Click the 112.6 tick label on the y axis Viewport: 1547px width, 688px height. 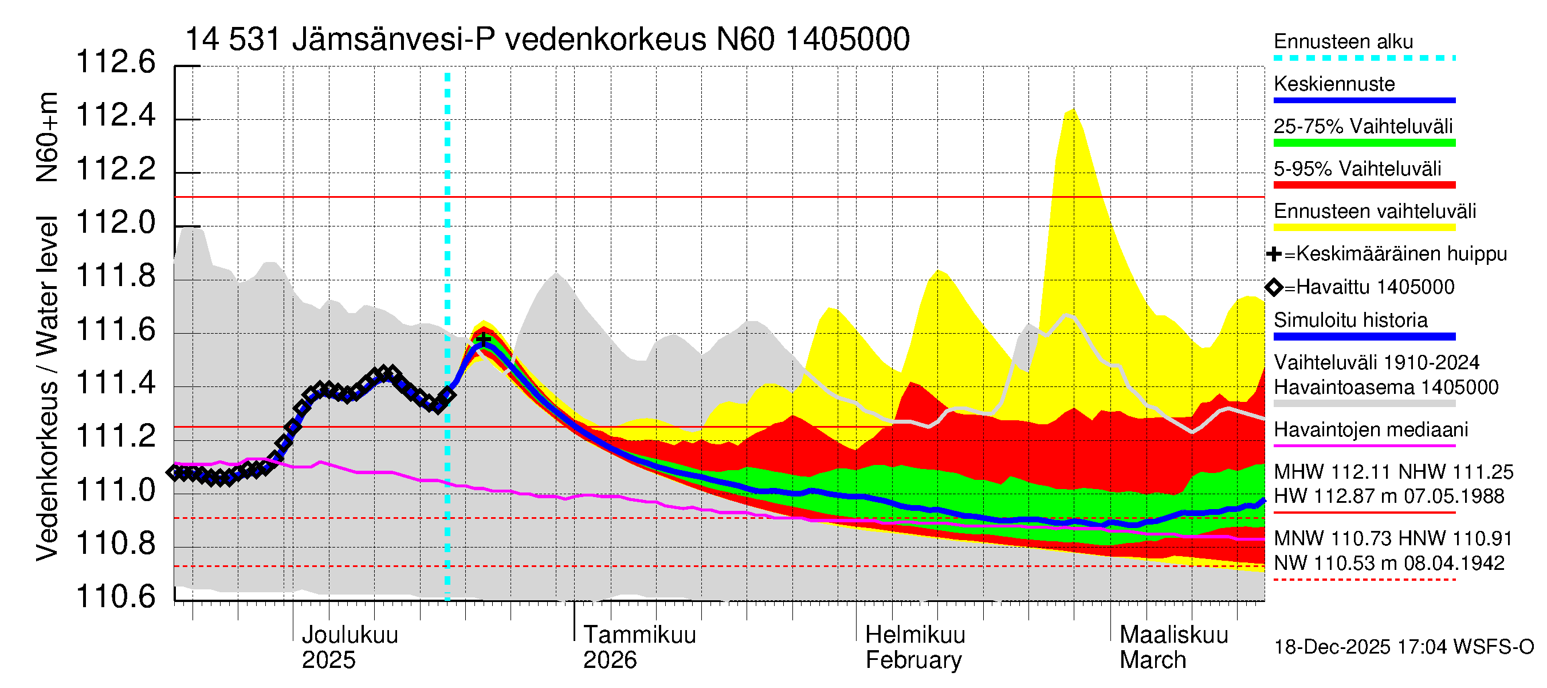click(115, 62)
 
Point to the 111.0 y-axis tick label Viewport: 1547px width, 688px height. click(115, 490)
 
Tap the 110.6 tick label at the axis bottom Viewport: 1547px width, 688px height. click(115, 597)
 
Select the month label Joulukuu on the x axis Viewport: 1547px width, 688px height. click(350, 635)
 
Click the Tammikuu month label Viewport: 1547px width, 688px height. click(639, 635)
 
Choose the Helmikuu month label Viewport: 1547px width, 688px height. click(915, 635)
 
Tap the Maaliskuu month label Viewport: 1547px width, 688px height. click(1174, 635)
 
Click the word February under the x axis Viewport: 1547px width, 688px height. click(913, 660)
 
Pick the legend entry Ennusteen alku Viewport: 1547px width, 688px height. click(1344, 41)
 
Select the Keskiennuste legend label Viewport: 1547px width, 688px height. click(1334, 84)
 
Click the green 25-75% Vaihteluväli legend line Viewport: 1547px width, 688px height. click(1364, 143)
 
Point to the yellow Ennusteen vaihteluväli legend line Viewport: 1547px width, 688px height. click(1364, 228)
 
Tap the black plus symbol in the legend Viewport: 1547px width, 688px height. click(1274, 254)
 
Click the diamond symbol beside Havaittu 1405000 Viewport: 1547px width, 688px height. click(1274, 287)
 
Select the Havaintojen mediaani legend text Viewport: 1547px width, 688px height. click(1371, 429)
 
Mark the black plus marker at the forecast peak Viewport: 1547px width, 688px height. click(484, 340)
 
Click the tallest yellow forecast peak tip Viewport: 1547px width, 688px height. click(1072, 110)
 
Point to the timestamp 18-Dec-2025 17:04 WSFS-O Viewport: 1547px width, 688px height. click(1403, 647)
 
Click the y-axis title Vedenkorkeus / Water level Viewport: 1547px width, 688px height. click(47, 388)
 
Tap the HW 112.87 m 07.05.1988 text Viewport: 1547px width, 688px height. click(1389, 497)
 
